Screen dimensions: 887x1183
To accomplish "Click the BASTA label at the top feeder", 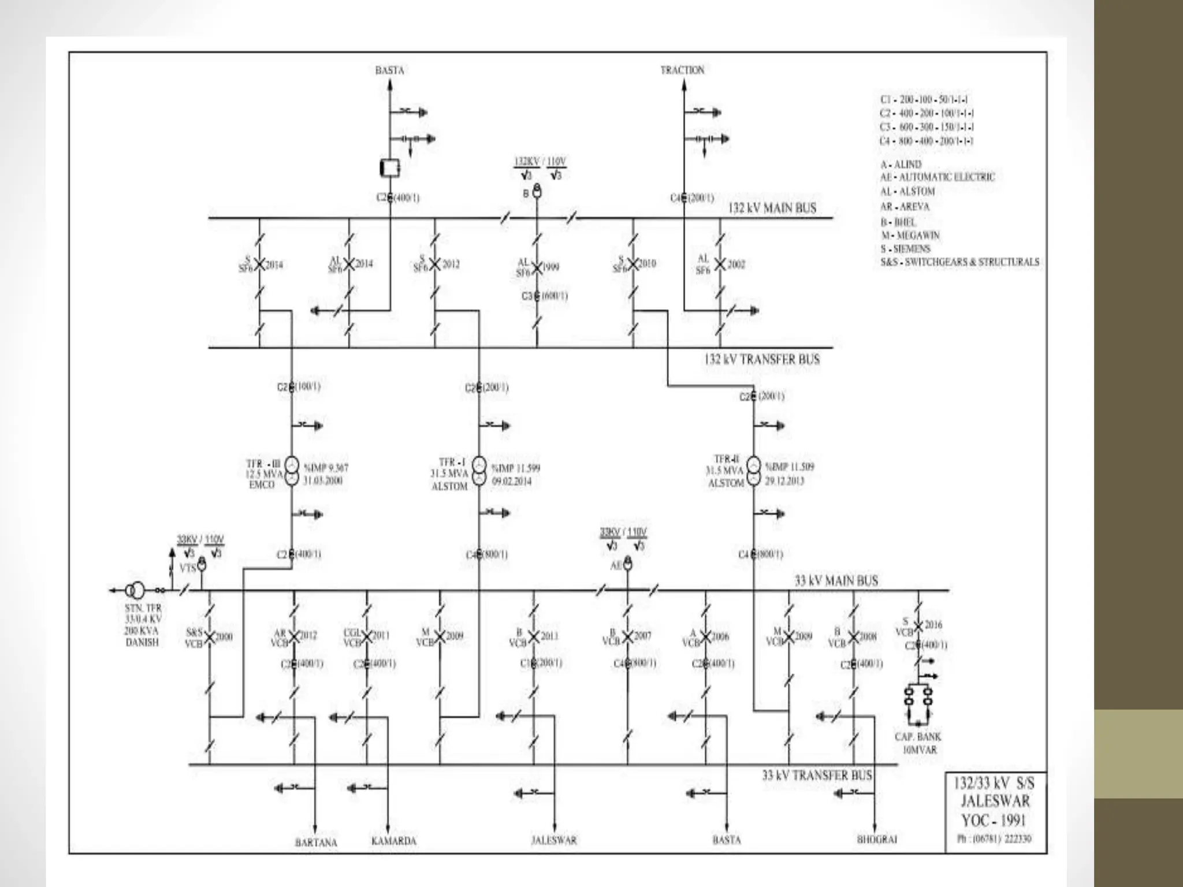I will point(389,70).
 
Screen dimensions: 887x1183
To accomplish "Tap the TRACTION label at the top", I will point(682,70).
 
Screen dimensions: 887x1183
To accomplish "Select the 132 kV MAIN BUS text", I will point(772,208).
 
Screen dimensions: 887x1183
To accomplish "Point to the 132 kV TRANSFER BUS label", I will point(761,359).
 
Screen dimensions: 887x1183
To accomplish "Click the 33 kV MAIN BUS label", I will point(836,580).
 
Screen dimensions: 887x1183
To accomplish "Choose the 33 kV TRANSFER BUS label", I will point(817,776).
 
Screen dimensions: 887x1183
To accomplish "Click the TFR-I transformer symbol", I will point(479,472).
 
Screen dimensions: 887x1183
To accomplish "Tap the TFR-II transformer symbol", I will point(753,472).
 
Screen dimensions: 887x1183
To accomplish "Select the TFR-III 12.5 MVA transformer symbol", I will point(292,472).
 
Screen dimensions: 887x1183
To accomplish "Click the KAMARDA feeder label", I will point(393,841).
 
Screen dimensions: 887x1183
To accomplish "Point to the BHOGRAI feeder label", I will point(876,840).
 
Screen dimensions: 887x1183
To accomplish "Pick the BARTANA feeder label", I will point(315,843).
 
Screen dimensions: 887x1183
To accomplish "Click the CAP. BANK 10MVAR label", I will point(918,743).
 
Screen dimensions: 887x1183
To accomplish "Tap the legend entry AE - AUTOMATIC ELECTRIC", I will point(938,177).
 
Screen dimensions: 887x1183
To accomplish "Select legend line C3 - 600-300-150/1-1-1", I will point(927,127).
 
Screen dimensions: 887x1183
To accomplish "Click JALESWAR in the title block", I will point(995,801).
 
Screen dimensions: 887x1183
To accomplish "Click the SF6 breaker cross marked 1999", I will point(537,267).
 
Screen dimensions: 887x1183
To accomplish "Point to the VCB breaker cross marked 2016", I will point(917,625).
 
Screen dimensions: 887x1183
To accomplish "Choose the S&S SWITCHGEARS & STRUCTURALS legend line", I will point(959,262).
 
